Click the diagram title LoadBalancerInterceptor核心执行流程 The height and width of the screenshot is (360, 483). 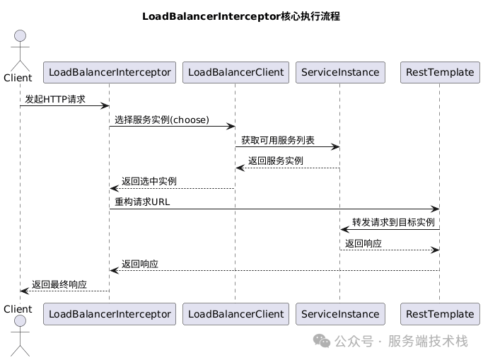pos(241,16)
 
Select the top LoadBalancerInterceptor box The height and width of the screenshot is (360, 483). pos(109,72)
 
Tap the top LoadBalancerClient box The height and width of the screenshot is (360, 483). pos(235,72)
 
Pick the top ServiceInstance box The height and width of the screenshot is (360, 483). pos(339,72)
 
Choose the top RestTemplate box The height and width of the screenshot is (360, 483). pos(439,72)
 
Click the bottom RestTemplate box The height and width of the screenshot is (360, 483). pos(439,313)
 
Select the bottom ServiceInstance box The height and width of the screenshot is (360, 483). pos(339,313)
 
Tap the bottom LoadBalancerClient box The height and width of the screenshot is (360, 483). pos(235,313)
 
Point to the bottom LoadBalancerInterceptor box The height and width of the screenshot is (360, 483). pos(109,313)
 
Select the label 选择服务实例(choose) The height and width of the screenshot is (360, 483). pos(162,120)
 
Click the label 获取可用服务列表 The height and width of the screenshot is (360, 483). pos(278,141)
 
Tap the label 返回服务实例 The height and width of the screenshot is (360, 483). pos(276,161)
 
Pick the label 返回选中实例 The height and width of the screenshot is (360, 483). pos(149,182)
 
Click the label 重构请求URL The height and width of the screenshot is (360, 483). pos(142,202)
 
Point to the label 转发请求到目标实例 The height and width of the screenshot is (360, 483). pos(393,223)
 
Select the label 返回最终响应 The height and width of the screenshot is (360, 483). pos(59,284)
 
